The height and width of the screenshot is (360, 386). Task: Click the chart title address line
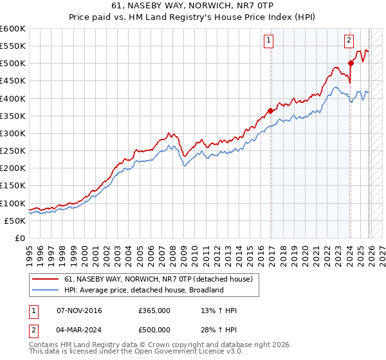193,6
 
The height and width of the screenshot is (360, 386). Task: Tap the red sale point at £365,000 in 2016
270,111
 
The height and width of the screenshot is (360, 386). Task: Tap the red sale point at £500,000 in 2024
351,63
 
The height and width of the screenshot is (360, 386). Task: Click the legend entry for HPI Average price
143,290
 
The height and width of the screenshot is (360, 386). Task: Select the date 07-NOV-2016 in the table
80,310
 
